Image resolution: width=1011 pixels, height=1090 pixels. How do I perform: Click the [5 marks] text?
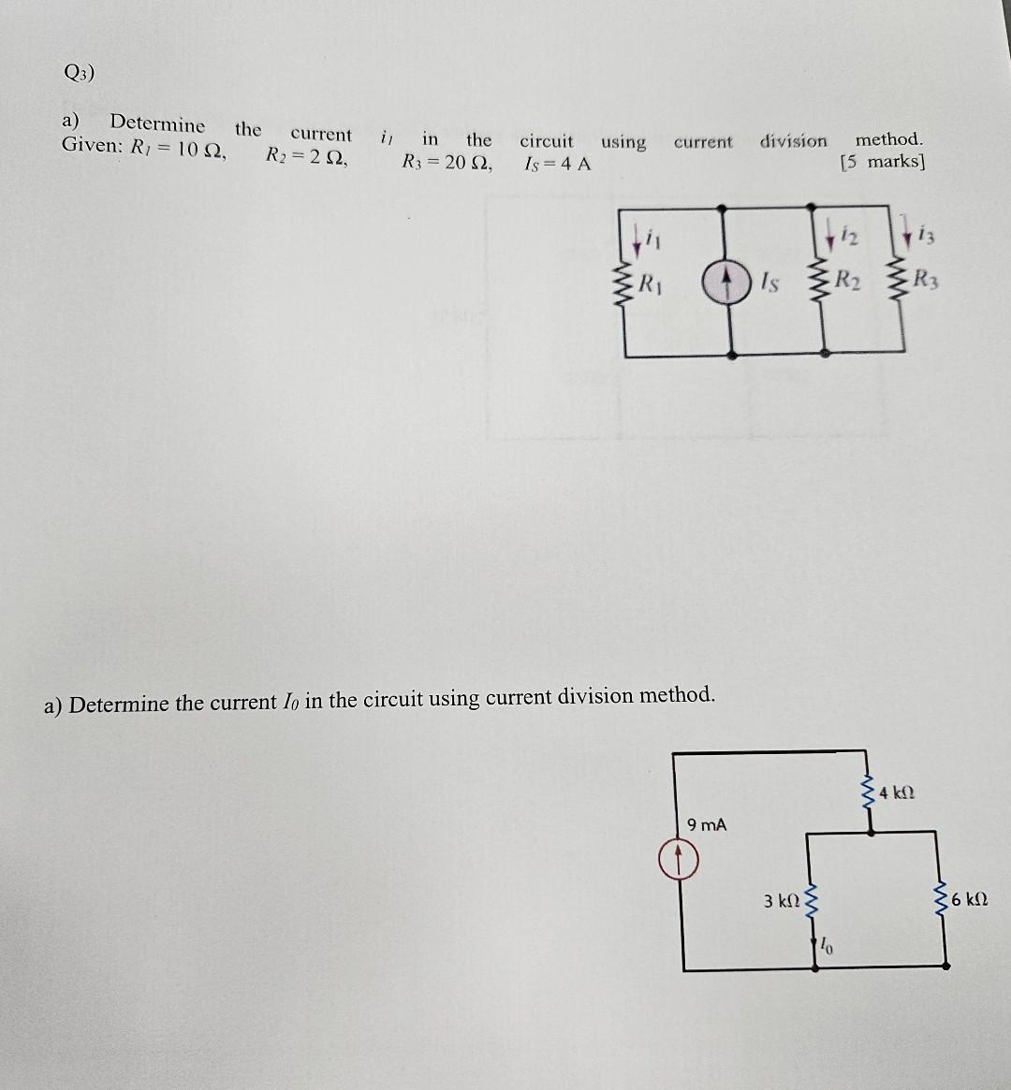point(882,161)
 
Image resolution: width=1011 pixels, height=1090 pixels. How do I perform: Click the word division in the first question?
point(793,141)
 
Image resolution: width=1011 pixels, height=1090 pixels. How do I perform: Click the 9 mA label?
point(706,825)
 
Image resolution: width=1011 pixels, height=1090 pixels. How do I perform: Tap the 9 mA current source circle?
point(683,858)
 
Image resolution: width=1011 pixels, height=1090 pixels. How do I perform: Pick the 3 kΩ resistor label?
point(782,901)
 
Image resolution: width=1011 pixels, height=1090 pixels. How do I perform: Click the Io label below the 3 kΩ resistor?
point(828,946)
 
